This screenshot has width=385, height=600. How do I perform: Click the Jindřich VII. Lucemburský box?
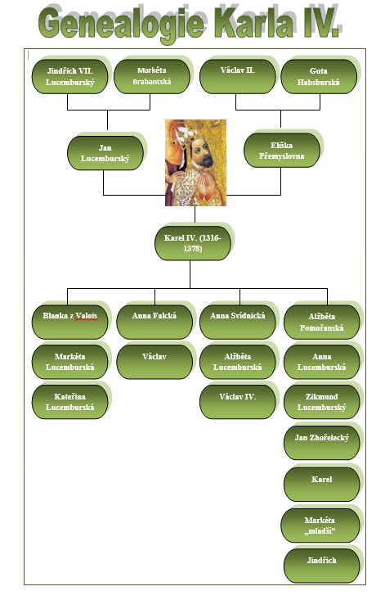(x=70, y=76)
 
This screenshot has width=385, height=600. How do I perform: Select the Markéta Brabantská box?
(x=152, y=76)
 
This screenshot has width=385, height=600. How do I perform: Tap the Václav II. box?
(x=238, y=76)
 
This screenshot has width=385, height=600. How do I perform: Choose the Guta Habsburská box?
(x=319, y=76)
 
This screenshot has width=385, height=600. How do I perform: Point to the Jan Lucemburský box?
(x=105, y=153)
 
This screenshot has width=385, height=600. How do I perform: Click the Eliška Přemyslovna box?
(x=281, y=151)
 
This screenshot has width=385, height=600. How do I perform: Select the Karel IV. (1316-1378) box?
(x=193, y=243)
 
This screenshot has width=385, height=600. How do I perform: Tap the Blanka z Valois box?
(x=70, y=322)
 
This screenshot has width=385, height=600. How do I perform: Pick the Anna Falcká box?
(x=154, y=322)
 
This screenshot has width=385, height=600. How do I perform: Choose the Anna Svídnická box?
(x=238, y=322)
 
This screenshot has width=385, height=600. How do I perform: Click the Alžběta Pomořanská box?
(x=321, y=322)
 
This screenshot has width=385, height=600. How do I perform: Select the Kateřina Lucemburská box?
(x=70, y=402)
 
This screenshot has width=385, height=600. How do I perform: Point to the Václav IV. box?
(x=238, y=402)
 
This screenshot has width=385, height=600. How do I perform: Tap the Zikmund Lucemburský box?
(x=321, y=402)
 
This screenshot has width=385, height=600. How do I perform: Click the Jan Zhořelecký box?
(x=321, y=443)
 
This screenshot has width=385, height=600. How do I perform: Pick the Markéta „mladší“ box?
(x=320, y=526)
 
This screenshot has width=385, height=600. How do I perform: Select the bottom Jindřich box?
(x=321, y=566)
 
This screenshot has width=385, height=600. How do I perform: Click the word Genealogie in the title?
(x=122, y=24)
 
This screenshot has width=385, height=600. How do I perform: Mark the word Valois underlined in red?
(x=87, y=316)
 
